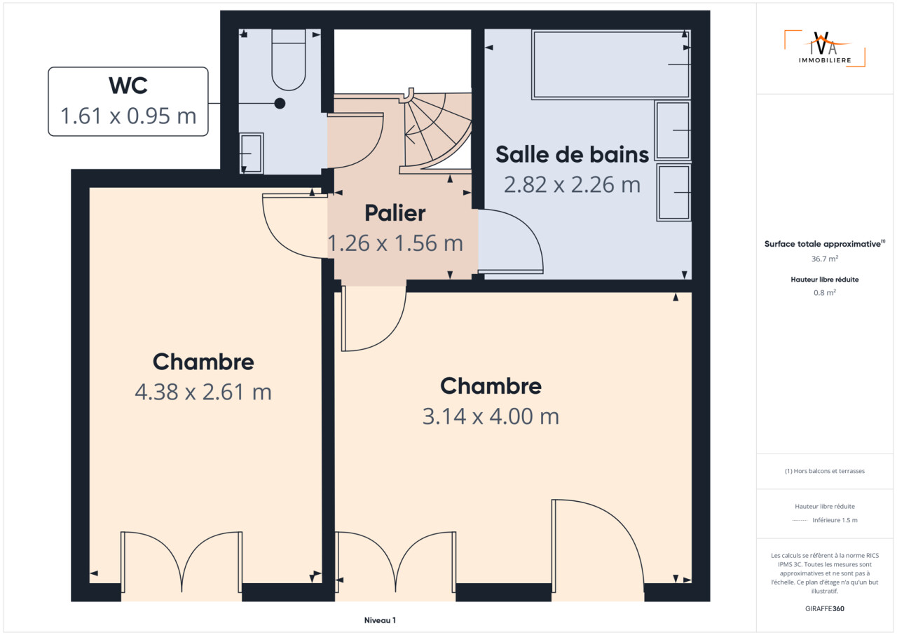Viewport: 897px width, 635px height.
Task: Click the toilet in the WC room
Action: coord(289,60)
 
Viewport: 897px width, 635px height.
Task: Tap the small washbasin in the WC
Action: coord(251,153)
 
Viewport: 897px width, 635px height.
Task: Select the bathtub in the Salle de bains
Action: coord(611,64)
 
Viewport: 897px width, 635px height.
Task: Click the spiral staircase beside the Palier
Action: coord(437,131)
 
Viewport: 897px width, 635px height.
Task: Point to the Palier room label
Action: coord(395,213)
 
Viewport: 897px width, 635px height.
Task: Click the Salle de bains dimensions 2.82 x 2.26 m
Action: coord(572,184)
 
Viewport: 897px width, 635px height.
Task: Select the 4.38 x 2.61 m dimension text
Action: coord(203,392)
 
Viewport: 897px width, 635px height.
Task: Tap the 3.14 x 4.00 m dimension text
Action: coord(491,416)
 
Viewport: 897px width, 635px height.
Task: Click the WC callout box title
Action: coord(128,86)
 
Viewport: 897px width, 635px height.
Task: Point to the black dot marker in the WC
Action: coord(280,104)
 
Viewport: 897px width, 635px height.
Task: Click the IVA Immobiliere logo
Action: coord(825,48)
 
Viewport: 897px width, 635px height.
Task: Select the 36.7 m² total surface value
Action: coord(825,259)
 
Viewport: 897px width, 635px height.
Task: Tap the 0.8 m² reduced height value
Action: coord(825,292)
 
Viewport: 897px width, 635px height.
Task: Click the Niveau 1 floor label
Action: coord(380,620)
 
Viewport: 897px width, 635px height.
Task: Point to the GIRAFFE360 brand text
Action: coord(825,608)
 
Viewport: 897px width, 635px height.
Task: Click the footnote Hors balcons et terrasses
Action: coord(825,471)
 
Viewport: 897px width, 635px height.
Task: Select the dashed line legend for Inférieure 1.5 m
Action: coord(800,521)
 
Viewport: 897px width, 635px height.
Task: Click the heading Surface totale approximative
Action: coord(825,244)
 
